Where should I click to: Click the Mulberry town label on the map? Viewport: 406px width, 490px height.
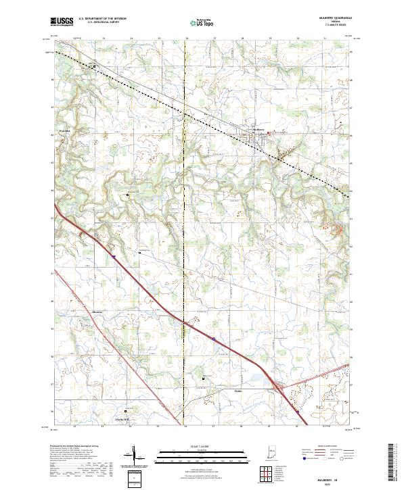(x=257, y=128)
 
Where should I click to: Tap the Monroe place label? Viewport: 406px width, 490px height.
(x=97, y=312)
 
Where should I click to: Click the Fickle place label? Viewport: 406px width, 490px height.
(x=238, y=391)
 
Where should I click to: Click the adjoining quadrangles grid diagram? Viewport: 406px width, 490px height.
(x=265, y=473)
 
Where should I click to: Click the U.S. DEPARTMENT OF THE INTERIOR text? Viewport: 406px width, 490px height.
(x=102, y=19)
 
